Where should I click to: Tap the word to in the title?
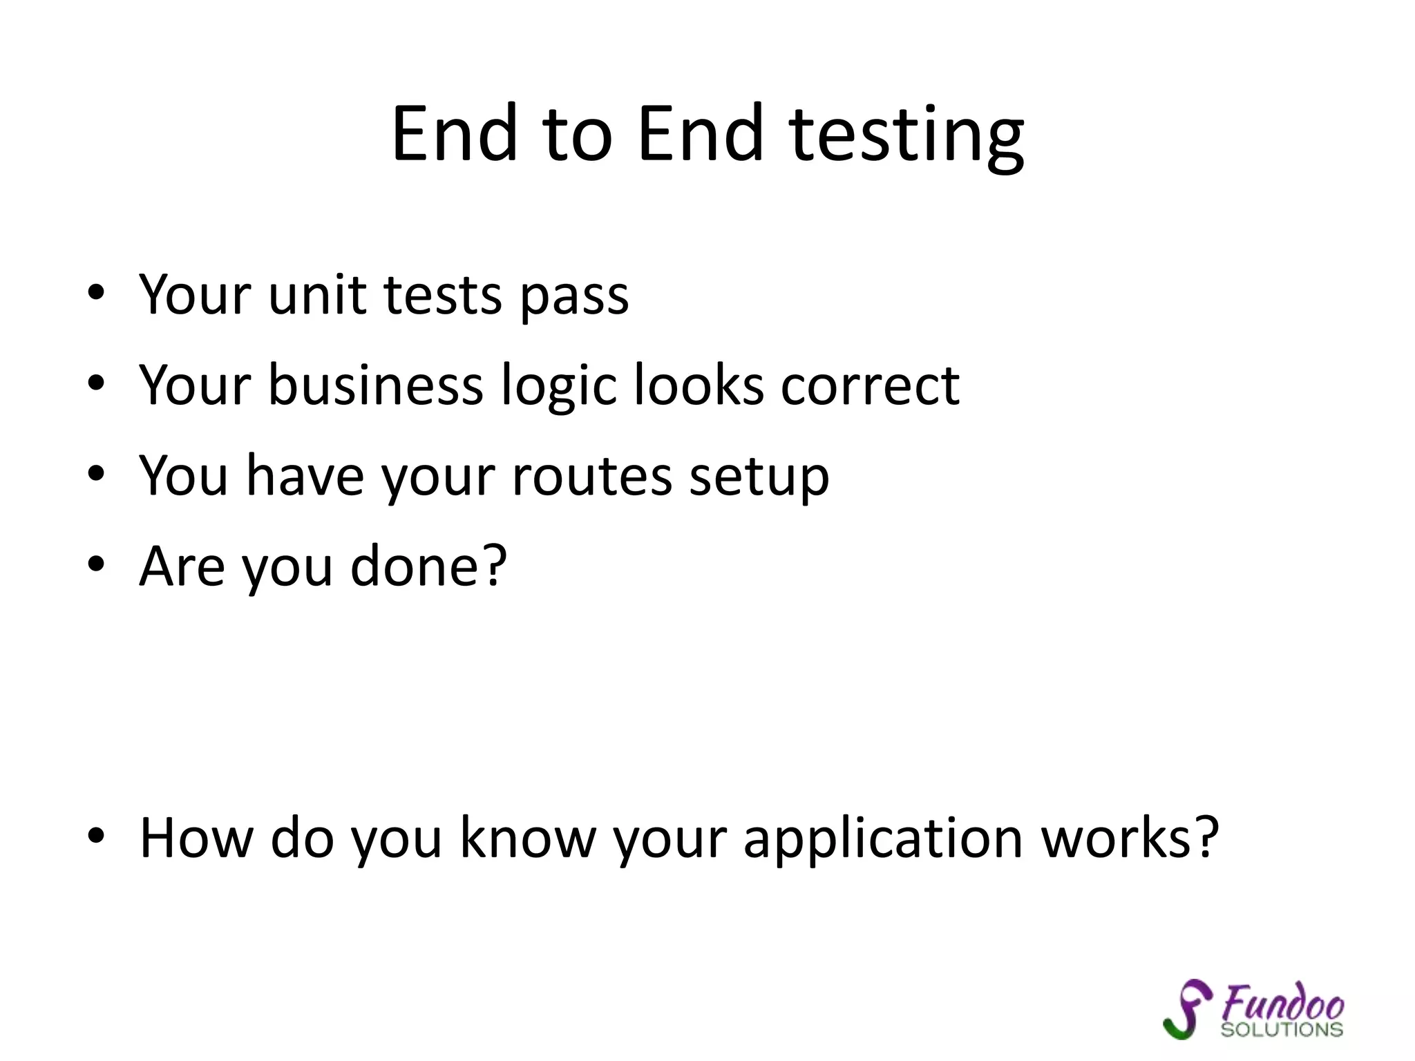pos(577,135)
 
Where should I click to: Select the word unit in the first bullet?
pos(317,295)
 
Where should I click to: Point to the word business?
pos(375,385)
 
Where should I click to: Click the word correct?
pos(870,386)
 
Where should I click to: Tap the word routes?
pos(592,477)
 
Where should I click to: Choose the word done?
pos(428,566)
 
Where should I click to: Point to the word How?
pos(196,838)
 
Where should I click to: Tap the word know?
pos(527,838)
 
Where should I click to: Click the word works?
pos(1130,838)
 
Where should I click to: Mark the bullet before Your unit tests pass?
pos(96,293)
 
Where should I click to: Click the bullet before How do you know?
pos(96,837)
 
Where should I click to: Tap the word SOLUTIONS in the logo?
pos(1282,1029)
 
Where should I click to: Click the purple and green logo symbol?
pos(1188,1009)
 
